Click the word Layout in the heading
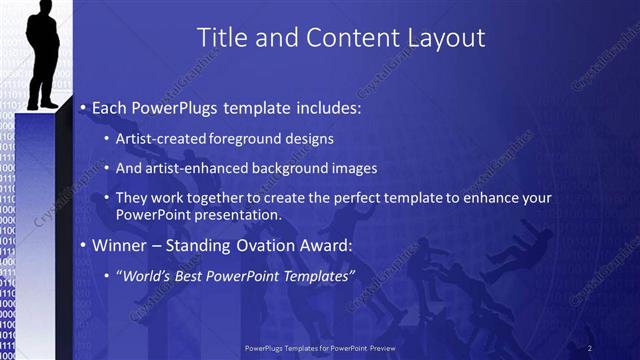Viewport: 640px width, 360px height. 444,38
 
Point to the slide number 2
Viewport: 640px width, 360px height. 590,347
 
